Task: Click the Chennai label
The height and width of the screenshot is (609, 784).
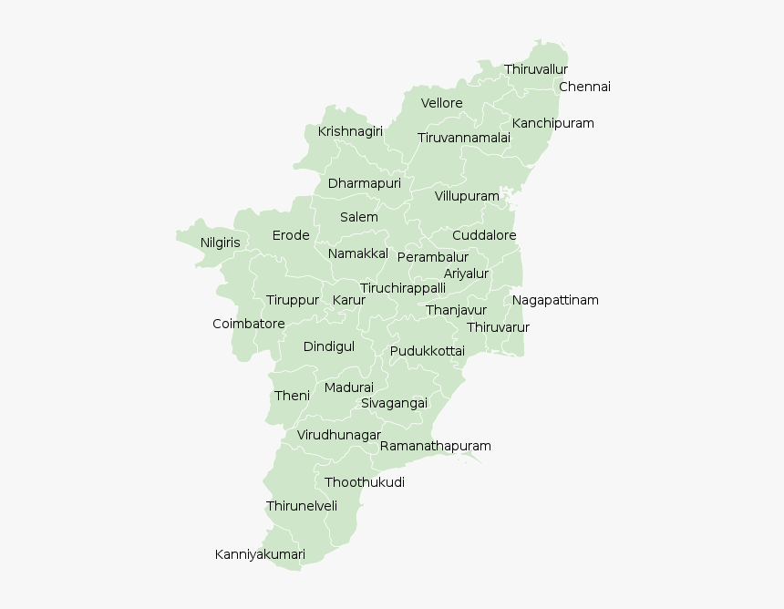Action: (x=584, y=88)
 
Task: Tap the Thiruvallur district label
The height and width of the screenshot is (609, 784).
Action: (x=536, y=69)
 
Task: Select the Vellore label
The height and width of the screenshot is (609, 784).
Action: (x=441, y=104)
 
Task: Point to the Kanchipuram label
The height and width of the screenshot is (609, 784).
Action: (x=552, y=124)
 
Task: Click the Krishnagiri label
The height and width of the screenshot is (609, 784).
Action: (x=350, y=132)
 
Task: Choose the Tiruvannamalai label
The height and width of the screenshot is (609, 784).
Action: (x=464, y=139)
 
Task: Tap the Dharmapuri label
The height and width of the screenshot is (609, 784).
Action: (x=365, y=184)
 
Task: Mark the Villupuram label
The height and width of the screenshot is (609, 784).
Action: (x=467, y=197)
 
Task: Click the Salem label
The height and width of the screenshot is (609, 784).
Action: (x=359, y=218)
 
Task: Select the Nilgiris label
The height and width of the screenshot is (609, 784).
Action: (x=221, y=243)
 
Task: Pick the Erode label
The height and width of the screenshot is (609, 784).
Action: (x=291, y=236)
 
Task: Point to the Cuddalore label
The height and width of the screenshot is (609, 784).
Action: (x=484, y=236)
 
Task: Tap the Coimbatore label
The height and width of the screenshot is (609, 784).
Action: (x=249, y=325)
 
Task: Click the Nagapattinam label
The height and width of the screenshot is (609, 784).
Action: (x=555, y=301)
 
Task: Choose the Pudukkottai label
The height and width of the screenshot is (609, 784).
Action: (x=428, y=352)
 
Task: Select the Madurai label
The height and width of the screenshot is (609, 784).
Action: (x=349, y=388)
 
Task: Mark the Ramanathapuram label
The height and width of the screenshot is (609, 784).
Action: (x=435, y=447)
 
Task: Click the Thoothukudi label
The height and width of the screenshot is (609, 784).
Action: (x=365, y=483)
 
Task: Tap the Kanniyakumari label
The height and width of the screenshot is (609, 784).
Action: (x=260, y=555)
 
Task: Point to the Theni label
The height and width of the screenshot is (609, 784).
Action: (x=292, y=397)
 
